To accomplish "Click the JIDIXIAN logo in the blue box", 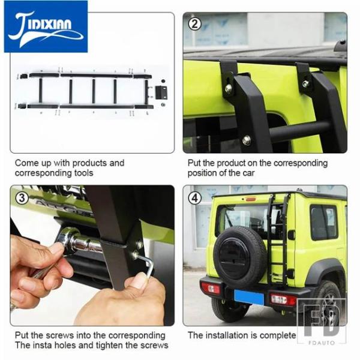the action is [x=46, y=27].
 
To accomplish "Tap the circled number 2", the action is [x=194, y=24].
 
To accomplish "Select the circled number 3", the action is [x=22, y=198].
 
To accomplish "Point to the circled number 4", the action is [x=194, y=198].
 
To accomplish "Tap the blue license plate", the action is [x=249, y=298].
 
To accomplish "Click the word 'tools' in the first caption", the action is [x=84, y=173].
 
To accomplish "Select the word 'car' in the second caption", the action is [x=249, y=173].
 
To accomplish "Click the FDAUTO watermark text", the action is [x=322, y=343].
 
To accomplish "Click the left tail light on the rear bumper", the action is [x=211, y=289].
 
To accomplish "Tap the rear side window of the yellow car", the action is [x=324, y=222].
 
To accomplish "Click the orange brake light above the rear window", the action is [x=251, y=199].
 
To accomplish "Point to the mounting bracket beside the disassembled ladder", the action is [x=161, y=92].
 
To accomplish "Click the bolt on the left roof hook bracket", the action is [x=229, y=88].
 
